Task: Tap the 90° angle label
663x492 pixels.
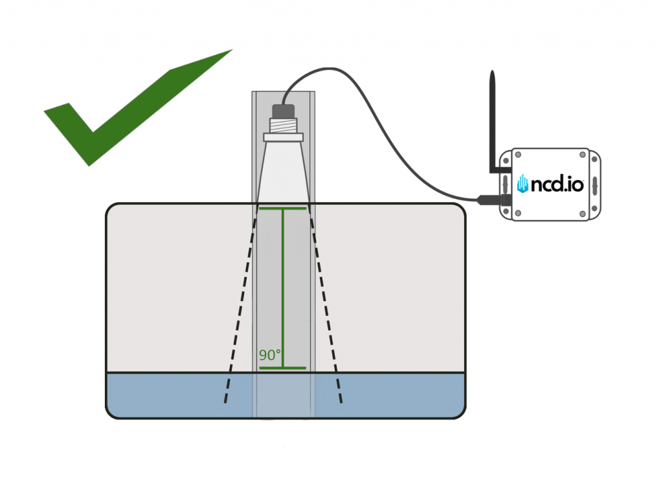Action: pos(270,355)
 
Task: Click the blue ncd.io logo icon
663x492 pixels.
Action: pos(523,184)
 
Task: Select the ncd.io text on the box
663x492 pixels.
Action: pos(558,184)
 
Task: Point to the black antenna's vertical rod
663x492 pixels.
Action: pos(493,117)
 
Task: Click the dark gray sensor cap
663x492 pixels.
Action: pos(284,111)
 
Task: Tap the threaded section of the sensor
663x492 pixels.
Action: pos(284,126)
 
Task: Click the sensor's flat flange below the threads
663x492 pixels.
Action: pos(284,137)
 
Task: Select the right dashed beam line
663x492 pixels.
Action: pos(326,304)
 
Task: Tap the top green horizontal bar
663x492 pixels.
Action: pos(283,209)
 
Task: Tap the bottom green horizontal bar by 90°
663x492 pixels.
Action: pos(283,368)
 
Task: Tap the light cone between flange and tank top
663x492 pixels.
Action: pos(284,172)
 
